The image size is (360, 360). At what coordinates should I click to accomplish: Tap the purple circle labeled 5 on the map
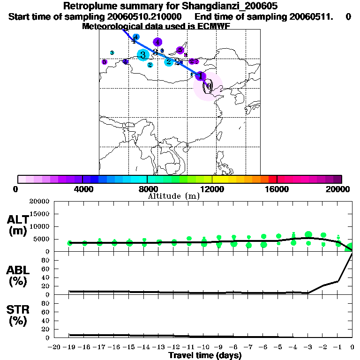[x=105, y=62]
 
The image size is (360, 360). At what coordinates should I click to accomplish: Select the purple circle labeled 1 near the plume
[x=200, y=76]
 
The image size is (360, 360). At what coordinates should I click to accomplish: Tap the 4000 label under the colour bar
[x=82, y=189]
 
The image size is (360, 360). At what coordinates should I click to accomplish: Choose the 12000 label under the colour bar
[x=212, y=189]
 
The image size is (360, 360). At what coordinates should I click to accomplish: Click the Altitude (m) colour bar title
[x=173, y=196]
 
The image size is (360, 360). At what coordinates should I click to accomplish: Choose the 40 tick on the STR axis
[x=46, y=321]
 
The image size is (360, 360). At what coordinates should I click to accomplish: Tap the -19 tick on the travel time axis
[x=69, y=347]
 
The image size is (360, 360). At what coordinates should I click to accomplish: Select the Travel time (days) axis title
[x=205, y=355]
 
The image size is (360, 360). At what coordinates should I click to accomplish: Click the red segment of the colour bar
[x=272, y=179]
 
